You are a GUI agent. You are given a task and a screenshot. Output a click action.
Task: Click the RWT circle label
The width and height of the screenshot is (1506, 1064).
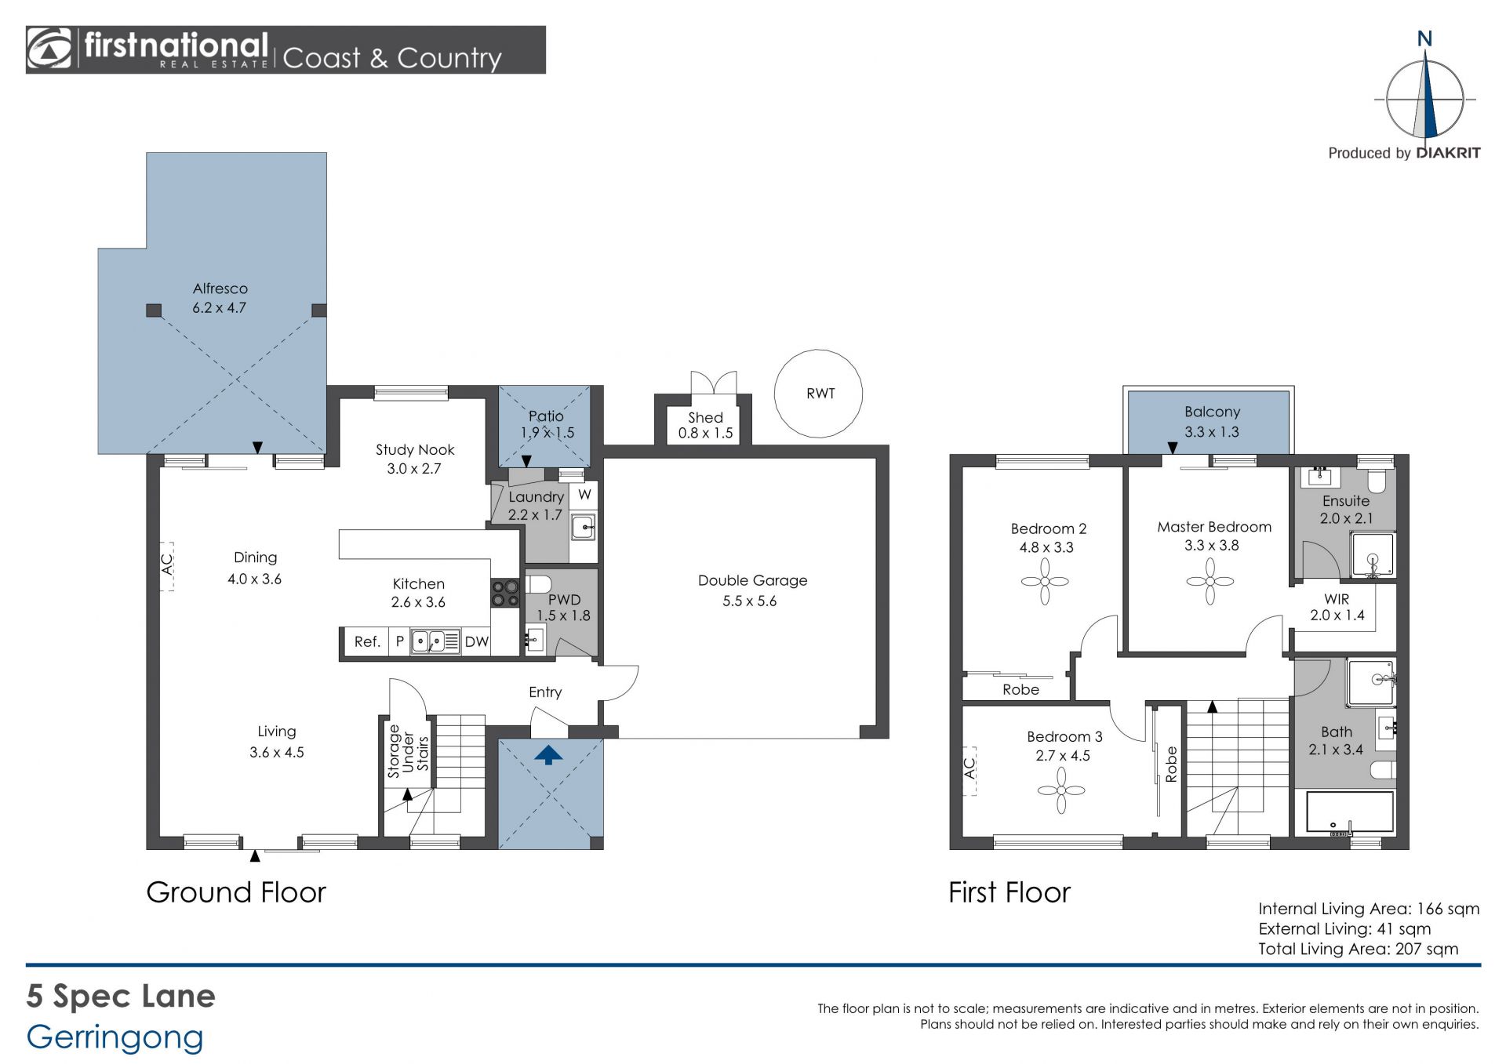click(820, 394)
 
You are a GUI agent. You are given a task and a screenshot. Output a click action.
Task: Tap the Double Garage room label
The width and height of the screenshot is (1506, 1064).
click(752, 580)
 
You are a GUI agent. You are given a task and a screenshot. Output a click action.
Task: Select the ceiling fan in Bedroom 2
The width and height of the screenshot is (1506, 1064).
click(1045, 581)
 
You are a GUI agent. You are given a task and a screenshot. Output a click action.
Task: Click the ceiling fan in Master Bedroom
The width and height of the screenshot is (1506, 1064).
click(1210, 581)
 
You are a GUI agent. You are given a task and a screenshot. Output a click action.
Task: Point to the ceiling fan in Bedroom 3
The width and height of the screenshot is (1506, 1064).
click(1060, 790)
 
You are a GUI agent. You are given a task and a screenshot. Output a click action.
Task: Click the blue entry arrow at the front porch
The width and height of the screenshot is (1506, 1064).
click(548, 755)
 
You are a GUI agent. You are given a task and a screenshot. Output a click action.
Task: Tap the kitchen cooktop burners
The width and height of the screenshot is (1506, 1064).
click(505, 593)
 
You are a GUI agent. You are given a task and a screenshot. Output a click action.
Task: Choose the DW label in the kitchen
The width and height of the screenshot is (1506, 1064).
click(476, 642)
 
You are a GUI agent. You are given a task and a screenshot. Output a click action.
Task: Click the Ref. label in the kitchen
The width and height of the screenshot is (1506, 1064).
click(367, 642)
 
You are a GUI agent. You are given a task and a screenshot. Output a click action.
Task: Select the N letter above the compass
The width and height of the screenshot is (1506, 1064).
click(1424, 38)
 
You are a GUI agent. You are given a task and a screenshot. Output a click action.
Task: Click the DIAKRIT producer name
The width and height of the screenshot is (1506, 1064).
click(1448, 153)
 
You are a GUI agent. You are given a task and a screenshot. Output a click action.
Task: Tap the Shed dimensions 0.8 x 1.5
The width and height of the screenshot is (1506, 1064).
click(705, 433)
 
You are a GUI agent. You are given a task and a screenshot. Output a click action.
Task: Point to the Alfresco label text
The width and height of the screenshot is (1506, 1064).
click(220, 289)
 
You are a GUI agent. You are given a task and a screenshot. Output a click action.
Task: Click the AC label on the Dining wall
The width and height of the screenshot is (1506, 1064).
click(166, 564)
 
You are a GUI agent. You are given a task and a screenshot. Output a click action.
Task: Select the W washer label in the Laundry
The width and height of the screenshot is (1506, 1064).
click(584, 495)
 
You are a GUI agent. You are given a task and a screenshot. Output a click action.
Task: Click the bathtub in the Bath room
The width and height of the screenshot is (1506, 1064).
click(1350, 812)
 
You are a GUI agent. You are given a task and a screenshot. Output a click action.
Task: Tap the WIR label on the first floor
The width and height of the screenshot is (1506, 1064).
click(1337, 599)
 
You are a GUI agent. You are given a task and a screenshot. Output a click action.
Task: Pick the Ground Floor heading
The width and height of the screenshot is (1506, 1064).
click(236, 892)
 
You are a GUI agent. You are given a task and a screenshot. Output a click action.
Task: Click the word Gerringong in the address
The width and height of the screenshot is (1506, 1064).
click(115, 1038)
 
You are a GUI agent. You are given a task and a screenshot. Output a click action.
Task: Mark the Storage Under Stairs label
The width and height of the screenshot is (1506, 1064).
click(408, 751)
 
